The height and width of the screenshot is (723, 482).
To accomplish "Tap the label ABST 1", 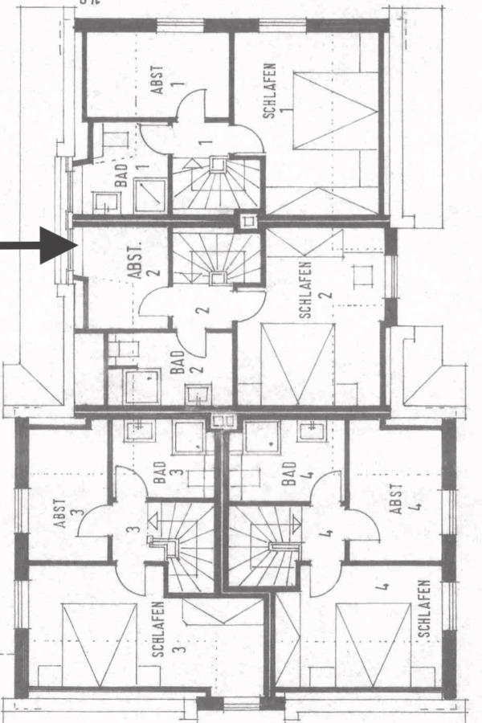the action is coord(165,80).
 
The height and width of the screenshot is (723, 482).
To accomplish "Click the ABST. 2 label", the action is coord(144,263).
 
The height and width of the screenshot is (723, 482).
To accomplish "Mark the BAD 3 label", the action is coord(167,472).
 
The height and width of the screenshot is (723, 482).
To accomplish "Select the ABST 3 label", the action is coord(67,513).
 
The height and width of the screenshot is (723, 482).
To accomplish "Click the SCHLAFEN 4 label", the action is coord(423,609).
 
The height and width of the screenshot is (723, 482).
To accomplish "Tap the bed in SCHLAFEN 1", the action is coord(337,111).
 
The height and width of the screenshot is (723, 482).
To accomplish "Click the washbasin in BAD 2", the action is coord(198,394).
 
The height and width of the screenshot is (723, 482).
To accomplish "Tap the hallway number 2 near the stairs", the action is coord(202,310).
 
